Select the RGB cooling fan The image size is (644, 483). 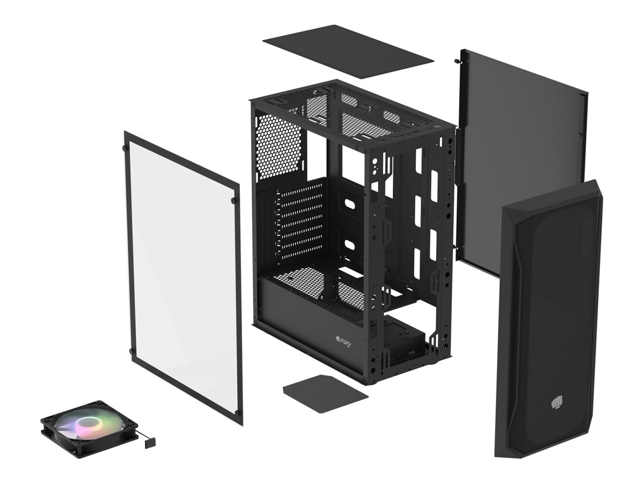pos(89,428)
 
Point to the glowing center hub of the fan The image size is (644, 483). pos(86,426)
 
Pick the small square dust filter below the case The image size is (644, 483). pos(325,393)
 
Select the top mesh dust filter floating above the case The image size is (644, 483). pos(348,50)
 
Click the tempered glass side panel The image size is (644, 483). pos(182,274)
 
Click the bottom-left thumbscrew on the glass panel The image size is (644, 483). pos(131,352)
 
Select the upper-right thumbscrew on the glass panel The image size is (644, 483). pos(234,200)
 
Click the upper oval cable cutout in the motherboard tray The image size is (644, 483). pos(351,205)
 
